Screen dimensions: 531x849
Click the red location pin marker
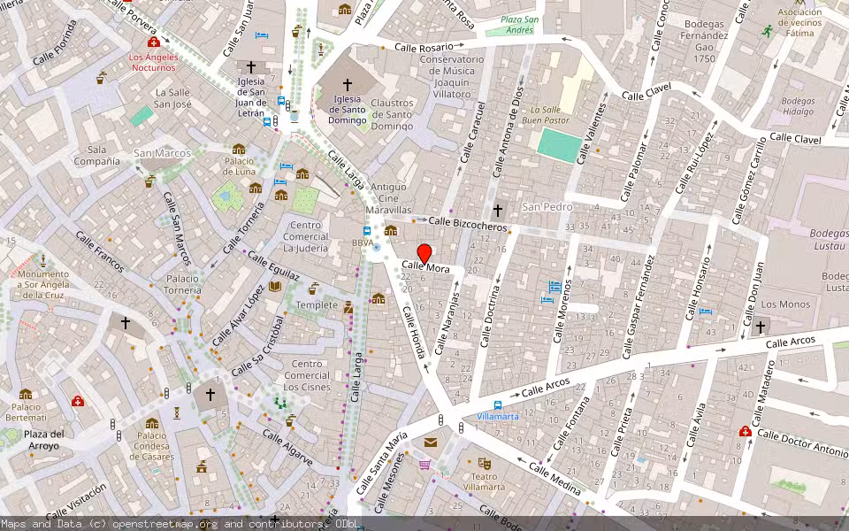(x=424, y=253)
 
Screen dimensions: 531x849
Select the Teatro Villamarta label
(x=484, y=481)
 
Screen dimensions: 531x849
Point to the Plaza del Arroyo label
(x=43, y=440)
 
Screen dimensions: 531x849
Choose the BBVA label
(x=363, y=242)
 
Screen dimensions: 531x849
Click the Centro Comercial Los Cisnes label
(x=306, y=375)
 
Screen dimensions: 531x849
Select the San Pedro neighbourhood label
(x=547, y=206)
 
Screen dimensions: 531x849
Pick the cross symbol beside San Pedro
(x=498, y=210)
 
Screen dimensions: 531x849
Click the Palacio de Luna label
(x=240, y=165)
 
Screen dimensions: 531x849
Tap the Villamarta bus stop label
(x=498, y=416)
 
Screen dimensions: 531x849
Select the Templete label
(x=317, y=304)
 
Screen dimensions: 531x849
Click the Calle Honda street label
(x=414, y=331)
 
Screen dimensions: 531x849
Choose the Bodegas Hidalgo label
(x=798, y=106)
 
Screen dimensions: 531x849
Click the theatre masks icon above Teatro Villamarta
(x=484, y=463)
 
